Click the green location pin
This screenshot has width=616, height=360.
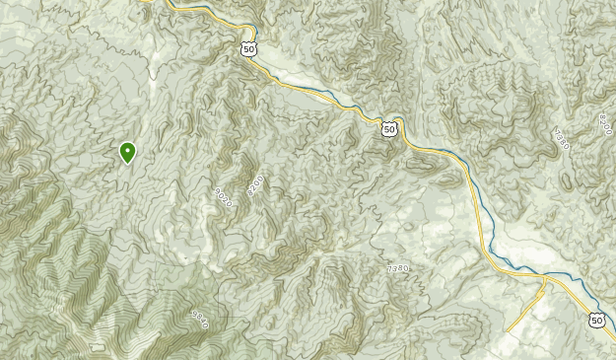[127, 152]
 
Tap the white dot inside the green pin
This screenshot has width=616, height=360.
[127, 150]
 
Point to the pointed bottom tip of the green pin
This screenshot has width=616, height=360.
[127, 164]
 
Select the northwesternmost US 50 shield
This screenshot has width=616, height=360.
[247, 49]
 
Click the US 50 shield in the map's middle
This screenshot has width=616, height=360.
[390, 129]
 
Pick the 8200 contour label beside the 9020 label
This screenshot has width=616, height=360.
[256, 184]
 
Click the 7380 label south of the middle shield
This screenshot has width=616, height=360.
[397, 268]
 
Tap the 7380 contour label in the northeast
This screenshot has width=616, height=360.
[561, 139]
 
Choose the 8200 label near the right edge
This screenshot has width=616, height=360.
[604, 124]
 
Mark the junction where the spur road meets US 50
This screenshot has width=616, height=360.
[545, 279]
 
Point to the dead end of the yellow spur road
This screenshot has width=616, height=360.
[507, 330]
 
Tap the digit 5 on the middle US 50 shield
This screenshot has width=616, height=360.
[387, 130]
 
